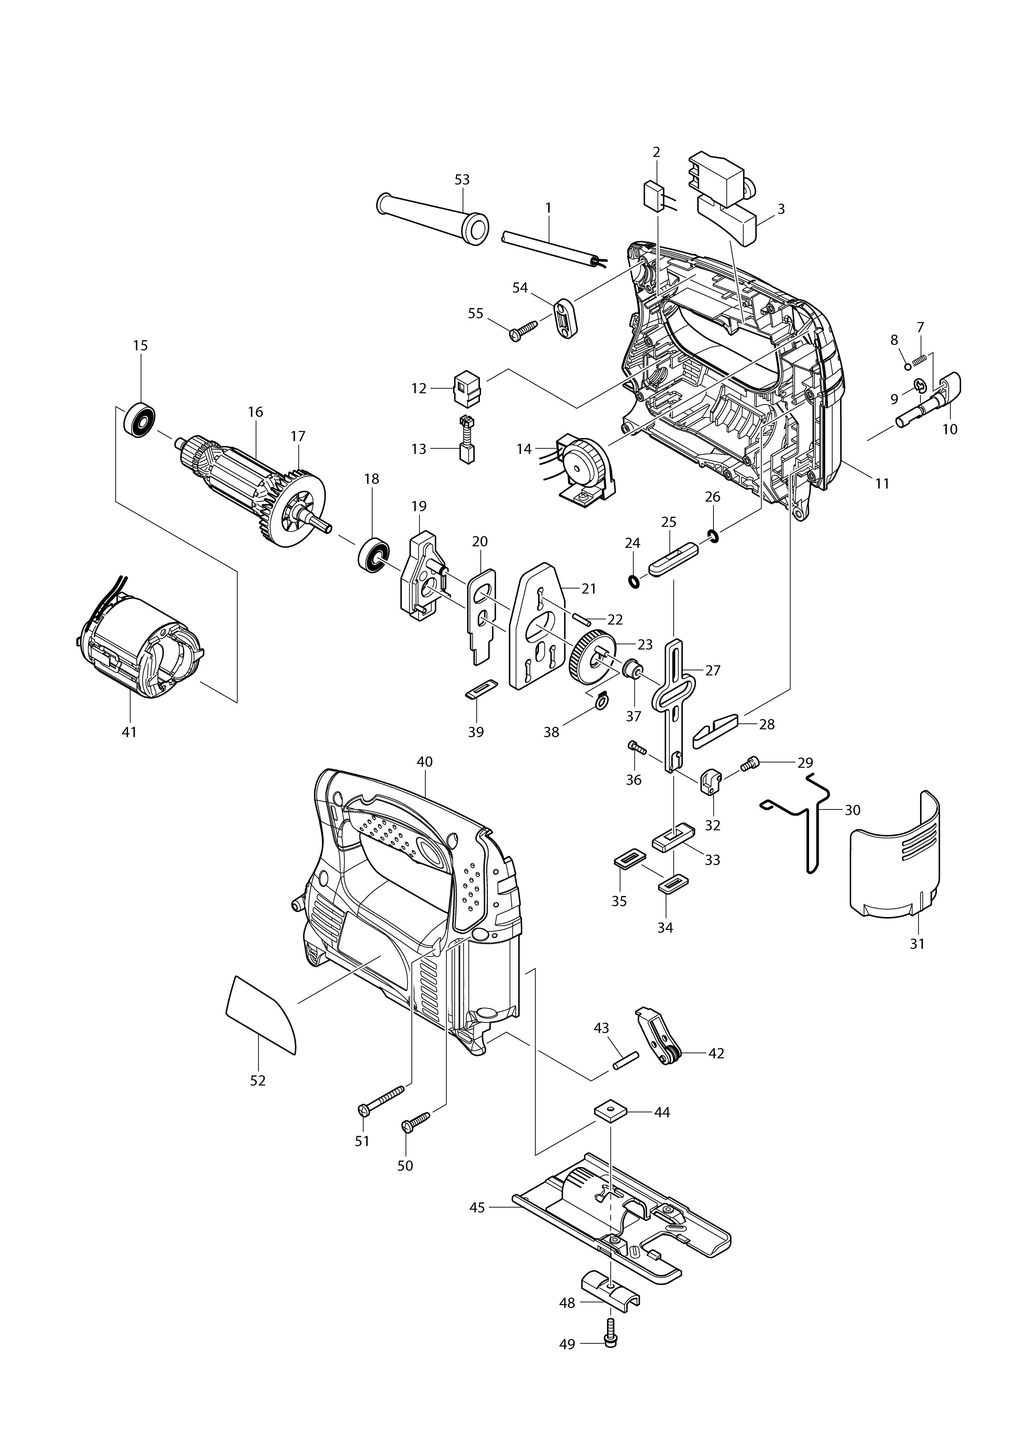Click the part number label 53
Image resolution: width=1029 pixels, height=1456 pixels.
462,180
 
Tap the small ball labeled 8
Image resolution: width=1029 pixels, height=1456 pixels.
908,367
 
